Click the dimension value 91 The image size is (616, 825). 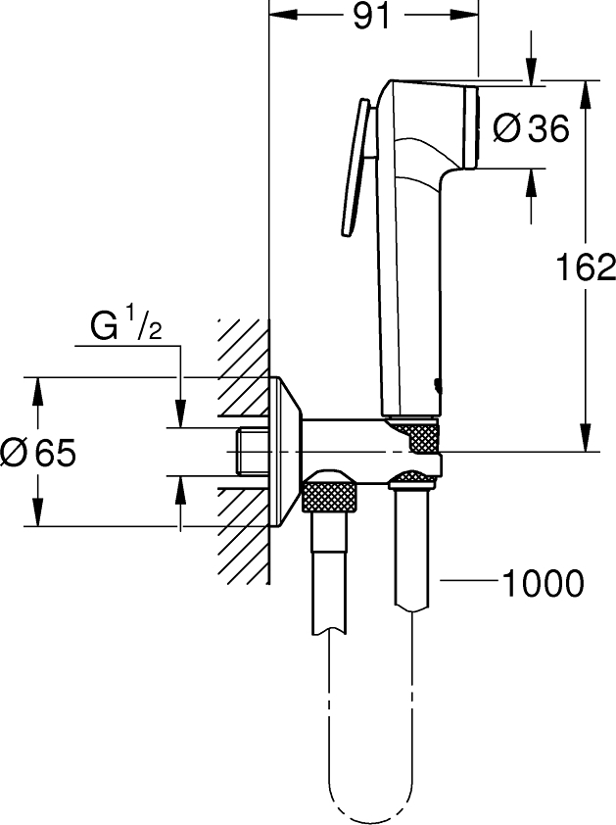point(364,18)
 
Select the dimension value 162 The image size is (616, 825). point(585,267)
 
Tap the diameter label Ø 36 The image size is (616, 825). point(532,128)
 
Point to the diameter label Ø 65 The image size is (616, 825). point(39,453)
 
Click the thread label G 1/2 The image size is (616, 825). point(125,326)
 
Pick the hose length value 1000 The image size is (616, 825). point(542,584)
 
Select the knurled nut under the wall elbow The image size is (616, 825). point(329,492)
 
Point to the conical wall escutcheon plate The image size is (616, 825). point(286,452)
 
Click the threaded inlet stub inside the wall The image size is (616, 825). point(253,452)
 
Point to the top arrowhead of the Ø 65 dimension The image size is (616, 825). point(38,388)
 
